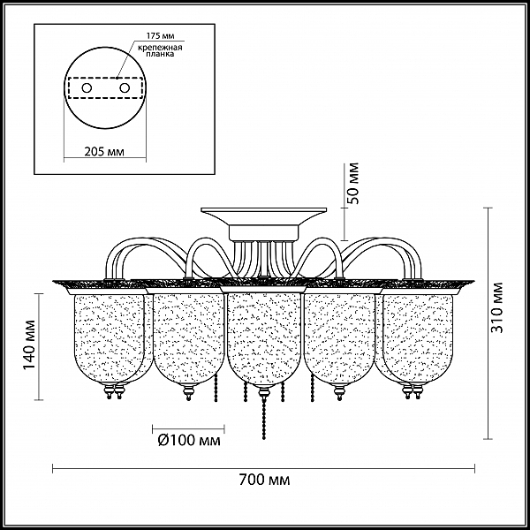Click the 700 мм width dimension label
pyautogui.click(x=264, y=480)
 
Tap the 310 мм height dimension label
pyautogui.click(x=496, y=307)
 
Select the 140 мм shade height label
pyautogui.click(x=30, y=344)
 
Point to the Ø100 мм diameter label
pyautogui.click(x=189, y=440)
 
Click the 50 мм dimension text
pyautogui.click(x=352, y=183)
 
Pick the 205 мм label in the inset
pyautogui.click(x=104, y=152)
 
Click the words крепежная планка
pyautogui.click(x=160, y=50)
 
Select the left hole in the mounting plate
pyautogui.click(x=87, y=88)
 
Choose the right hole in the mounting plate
pyautogui.click(x=125, y=88)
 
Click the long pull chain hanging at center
pyautogui.click(x=263, y=418)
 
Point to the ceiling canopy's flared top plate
pyautogui.click(x=263, y=217)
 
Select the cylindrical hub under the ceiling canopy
pyautogui.click(x=263, y=233)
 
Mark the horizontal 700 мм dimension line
pyautogui.click(x=263, y=468)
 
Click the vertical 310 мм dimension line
pyautogui.click(x=488, y=323)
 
